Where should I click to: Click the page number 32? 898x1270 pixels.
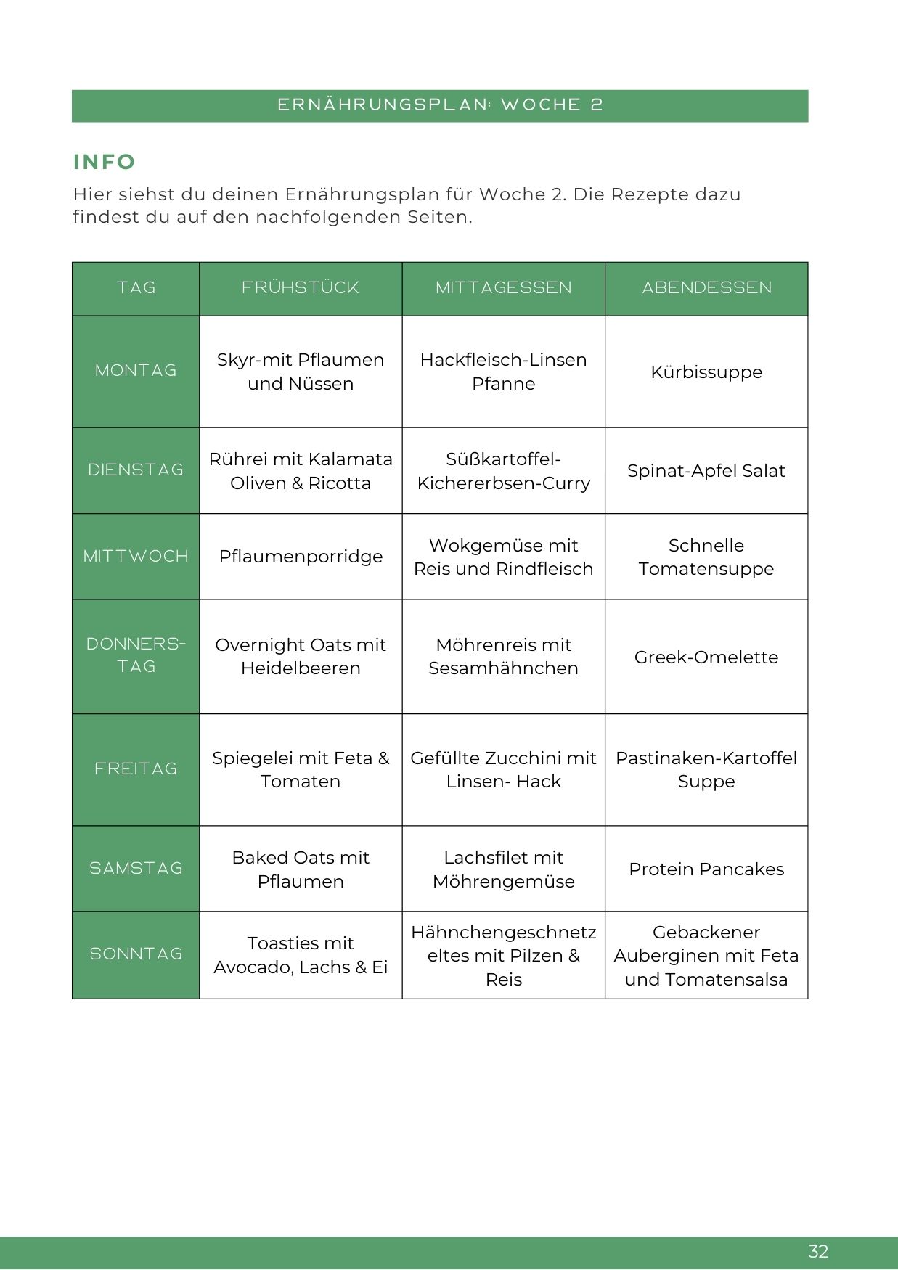(x=818, y=1251)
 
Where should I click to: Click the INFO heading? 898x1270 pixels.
(x=105, y=162)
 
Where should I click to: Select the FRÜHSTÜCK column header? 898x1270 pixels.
(x=301, y=288)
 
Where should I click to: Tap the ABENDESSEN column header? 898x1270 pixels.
(x=706, y=288)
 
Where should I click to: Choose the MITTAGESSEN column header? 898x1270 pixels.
(x=503, y=288)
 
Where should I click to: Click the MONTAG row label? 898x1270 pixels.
(x=136, y=371)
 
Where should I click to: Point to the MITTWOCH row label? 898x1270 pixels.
(x=136, y=557)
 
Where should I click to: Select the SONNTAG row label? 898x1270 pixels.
(x=136, y=954)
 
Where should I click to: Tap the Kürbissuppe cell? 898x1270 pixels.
(x=706, y=372)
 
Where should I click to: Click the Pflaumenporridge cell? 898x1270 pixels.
(x=301, y=557)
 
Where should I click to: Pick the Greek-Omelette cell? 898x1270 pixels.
(x=706, y=657)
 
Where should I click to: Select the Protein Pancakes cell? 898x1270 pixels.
(x=706, y=869)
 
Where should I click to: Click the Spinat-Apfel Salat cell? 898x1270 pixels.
(x=706, y=471)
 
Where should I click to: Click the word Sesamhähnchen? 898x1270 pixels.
(x=503, y=668)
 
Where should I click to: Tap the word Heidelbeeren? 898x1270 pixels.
(x=301, y=668)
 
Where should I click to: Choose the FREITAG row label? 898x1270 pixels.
(x=136, y=769)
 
